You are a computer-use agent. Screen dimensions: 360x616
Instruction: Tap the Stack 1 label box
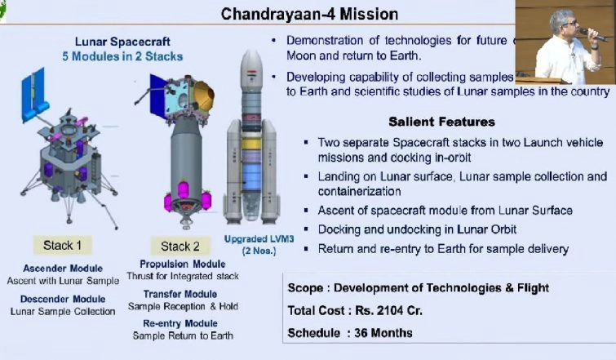64,245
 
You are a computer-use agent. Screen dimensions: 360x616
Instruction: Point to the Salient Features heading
441,122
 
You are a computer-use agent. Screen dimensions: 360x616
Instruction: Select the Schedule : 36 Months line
350,332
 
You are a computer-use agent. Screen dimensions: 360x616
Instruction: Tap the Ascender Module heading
64,268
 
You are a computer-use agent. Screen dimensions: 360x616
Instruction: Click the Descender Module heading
64,298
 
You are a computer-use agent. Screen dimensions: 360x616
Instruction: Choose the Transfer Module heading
180,294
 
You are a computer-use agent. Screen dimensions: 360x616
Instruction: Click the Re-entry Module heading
180,323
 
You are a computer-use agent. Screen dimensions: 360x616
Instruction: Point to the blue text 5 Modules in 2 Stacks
122,56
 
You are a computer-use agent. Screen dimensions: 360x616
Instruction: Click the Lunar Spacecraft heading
122,41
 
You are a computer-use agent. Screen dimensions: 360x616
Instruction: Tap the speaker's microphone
594,34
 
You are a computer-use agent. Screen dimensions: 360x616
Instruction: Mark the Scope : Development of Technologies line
418,287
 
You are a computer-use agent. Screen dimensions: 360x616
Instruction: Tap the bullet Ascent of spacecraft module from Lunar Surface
445,211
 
